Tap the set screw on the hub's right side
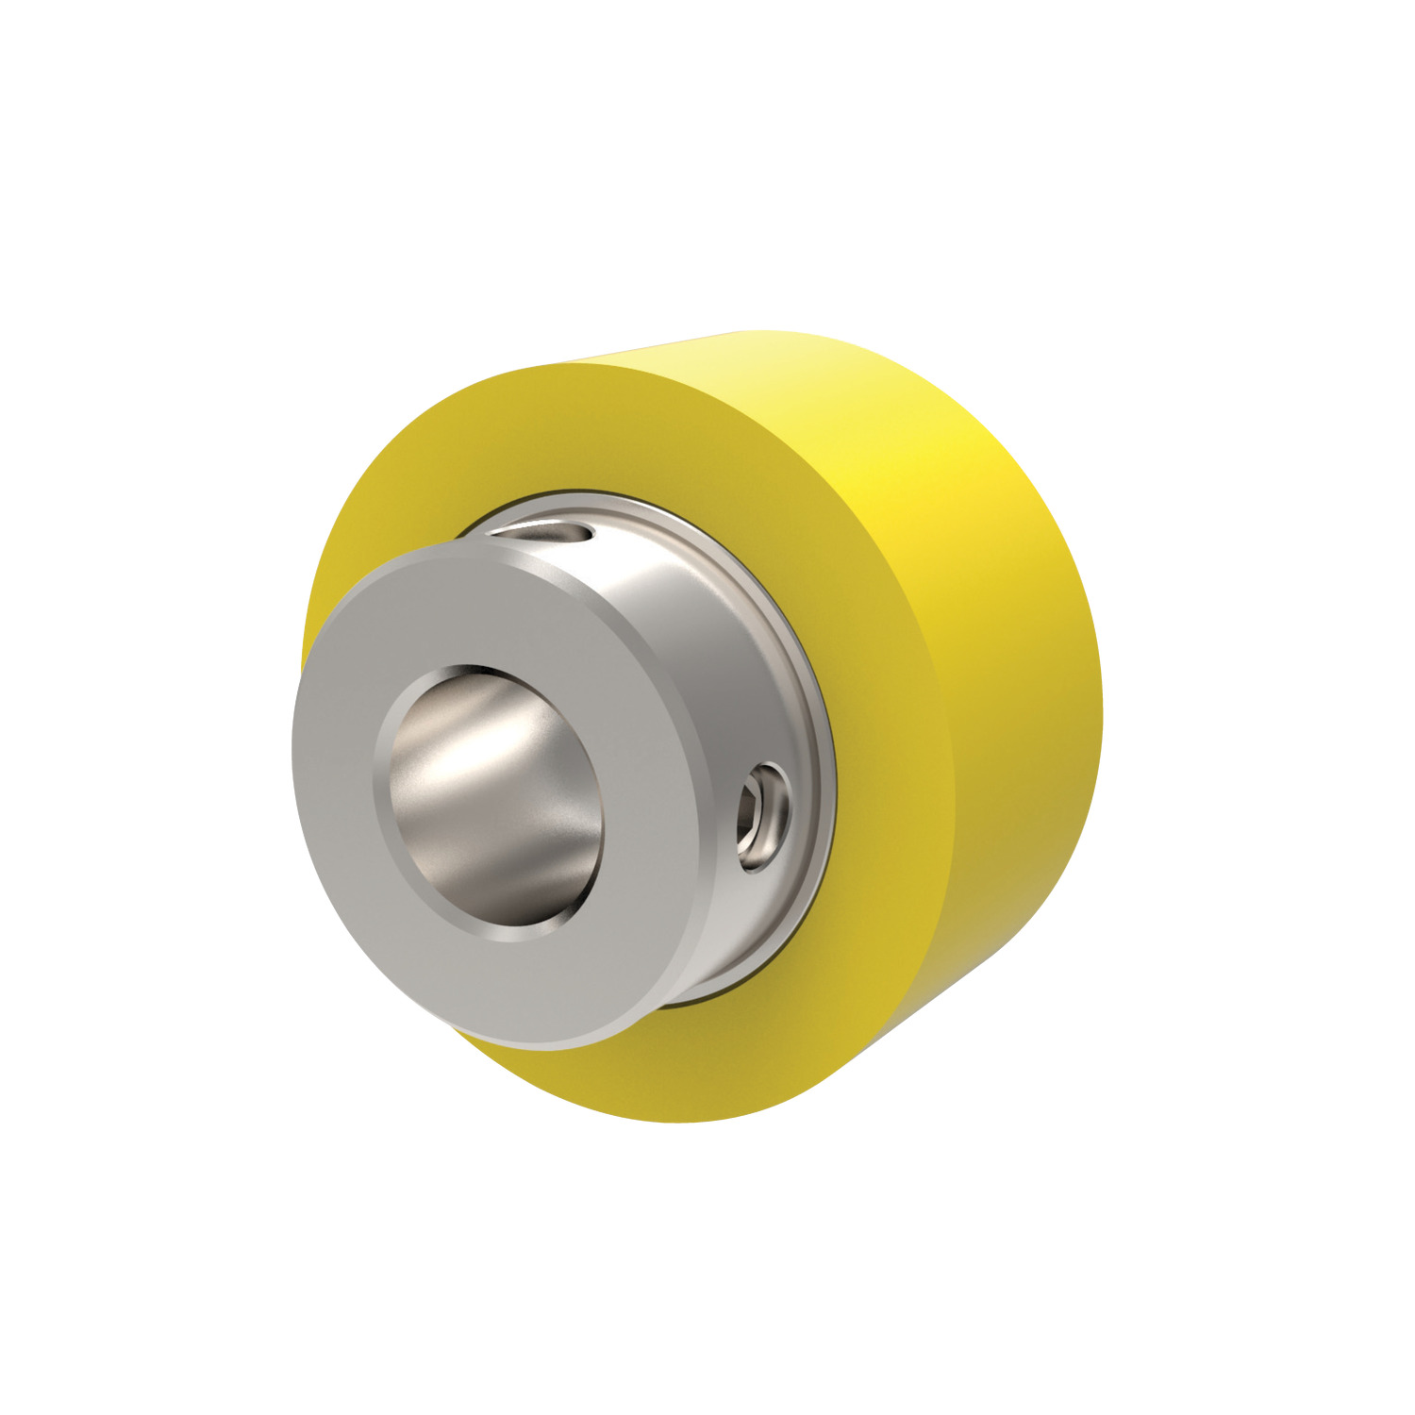(763, 817)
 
